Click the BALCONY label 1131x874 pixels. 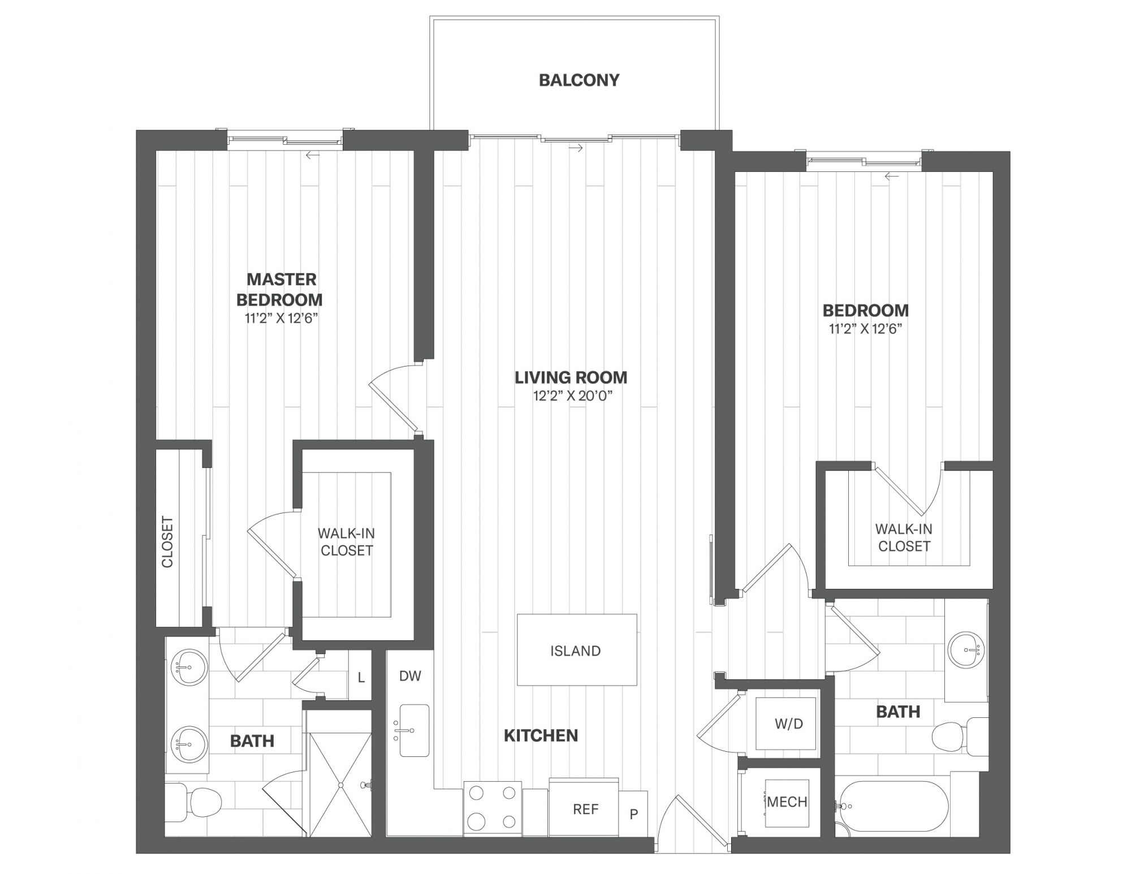[579, 80]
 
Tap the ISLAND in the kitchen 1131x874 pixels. [577, 650]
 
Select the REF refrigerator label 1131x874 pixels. [585, 810]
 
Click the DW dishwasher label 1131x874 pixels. [410, 676]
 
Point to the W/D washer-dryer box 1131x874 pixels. [788, 724]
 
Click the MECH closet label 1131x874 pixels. [787, 802]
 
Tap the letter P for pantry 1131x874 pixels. [634, 815]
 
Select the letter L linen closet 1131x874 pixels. [361, 677]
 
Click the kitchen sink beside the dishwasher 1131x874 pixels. [414, 730]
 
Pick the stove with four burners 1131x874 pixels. [493, 807]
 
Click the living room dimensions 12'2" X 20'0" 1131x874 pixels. [573, 396]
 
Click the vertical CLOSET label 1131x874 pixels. [167, 541]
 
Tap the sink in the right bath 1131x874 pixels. [966, 649]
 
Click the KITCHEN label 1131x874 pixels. [541, 735]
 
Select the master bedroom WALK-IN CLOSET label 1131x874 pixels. [346, 542]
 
